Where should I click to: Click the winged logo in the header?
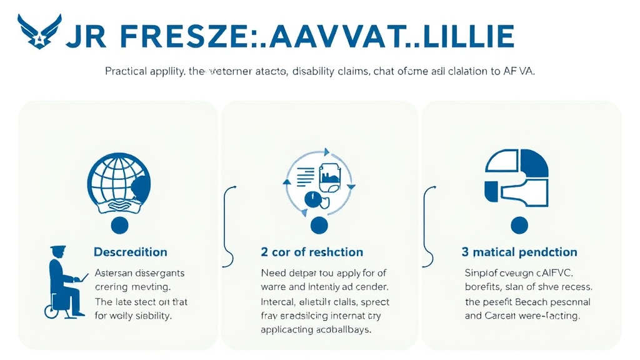tap(38, 32)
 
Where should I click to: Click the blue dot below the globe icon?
tap(119, 225)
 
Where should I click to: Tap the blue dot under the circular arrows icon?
tap(319, 225)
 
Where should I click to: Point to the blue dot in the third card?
tap(519, 225)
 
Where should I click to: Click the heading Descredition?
tap(131, 252)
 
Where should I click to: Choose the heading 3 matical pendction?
tap(519, 252)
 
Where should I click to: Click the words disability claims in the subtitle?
tap(330, 71)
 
